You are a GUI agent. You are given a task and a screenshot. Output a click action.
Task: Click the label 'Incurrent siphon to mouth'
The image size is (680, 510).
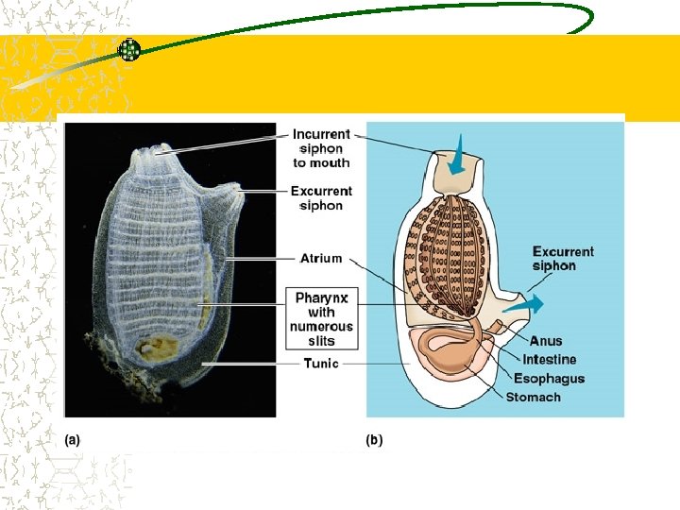click(321, 148)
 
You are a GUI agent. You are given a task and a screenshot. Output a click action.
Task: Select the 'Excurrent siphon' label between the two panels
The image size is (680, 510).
click(321, 198)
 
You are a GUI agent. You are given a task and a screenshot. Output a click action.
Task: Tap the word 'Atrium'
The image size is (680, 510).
click(321, 258)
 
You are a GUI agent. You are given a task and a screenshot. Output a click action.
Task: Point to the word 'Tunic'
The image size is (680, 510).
click(321, 363)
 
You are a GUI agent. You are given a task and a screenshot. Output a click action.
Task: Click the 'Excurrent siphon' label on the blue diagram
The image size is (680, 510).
click(563, 259)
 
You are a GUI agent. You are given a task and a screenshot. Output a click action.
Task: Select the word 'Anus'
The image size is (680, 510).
click(546, 341)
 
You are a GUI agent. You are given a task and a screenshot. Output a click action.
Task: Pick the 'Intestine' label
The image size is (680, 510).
click(549, 360)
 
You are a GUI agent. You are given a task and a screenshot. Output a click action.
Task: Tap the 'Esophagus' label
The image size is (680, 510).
click(549, 379)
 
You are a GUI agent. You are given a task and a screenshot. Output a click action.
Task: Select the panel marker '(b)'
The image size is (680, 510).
click(375, 439)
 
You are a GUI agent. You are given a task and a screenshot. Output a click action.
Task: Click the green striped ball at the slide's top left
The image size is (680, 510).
click(129, 50)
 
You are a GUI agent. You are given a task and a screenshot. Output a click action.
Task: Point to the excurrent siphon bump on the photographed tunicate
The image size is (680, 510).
click(232, 195)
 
